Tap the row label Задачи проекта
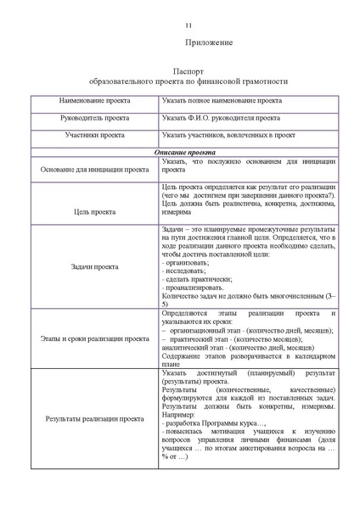point(94,266)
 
